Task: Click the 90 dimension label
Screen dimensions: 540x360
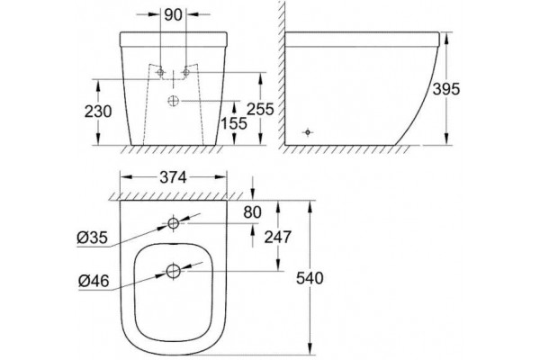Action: [x=173, y=14]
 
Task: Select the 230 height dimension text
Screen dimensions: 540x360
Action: [x=98, y=112]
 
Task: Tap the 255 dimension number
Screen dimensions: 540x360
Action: [x=261, y=109]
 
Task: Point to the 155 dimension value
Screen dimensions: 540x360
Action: [x=234, y=123]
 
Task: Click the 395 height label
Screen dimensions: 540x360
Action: [x=446, y=89]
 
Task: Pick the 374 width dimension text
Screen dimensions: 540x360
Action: [x=173, y=177]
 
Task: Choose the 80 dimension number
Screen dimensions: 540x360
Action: [x=252, y=212]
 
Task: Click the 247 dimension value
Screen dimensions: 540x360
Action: [x=278, y=237]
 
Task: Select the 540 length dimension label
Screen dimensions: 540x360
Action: [x=310, y=278]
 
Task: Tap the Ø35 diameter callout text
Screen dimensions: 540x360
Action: [x=93, y=238]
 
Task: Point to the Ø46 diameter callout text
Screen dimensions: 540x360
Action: [x=94, y=281]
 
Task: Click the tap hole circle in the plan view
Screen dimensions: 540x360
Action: [x=173, y=223]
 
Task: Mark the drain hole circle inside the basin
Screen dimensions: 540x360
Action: [x=173, y=271]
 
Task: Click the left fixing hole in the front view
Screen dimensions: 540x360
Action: [x=160, y=72]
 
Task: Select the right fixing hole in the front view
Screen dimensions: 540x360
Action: [x=186, y=72]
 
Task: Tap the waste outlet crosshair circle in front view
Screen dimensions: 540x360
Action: [x=173, y=101]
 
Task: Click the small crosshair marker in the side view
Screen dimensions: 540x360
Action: [x=308, y=132]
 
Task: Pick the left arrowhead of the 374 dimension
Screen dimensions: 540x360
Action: [x=126, y=177]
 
